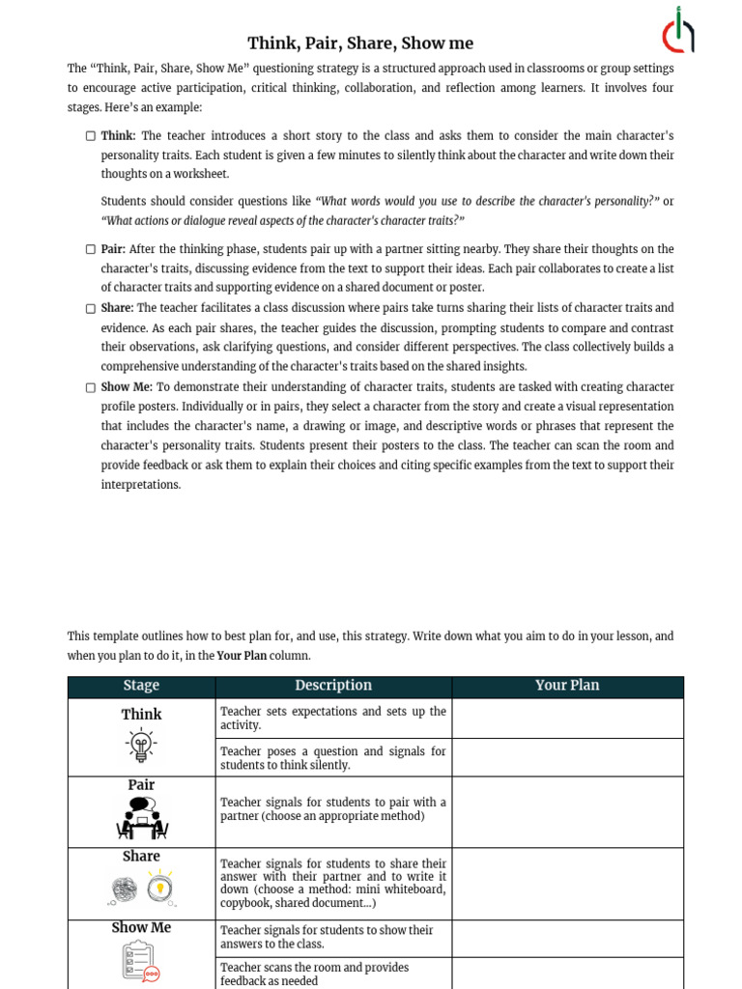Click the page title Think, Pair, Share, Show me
[x=360, y=42]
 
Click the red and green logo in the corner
[x=678, y=31]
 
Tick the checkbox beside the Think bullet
[x=91, y=136]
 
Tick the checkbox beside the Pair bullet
[x=91, y=249]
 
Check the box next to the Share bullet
[x=91, y=308]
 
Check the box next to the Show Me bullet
[x=91, y=387]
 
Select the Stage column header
[x=141, y=686]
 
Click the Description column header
[x=333, y=686]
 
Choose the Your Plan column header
[x=567, y=686]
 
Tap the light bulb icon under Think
[x=141, y=745]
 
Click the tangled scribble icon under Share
[x=124, y=889]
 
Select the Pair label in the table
[x=141, y=785]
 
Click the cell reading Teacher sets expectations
[x=333, y=719]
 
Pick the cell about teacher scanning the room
[x=333, y=974]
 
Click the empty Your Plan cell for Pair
[x=567, y=812]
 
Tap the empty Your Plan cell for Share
[x=567, y=884]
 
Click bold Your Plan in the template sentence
[x=242, y=656]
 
